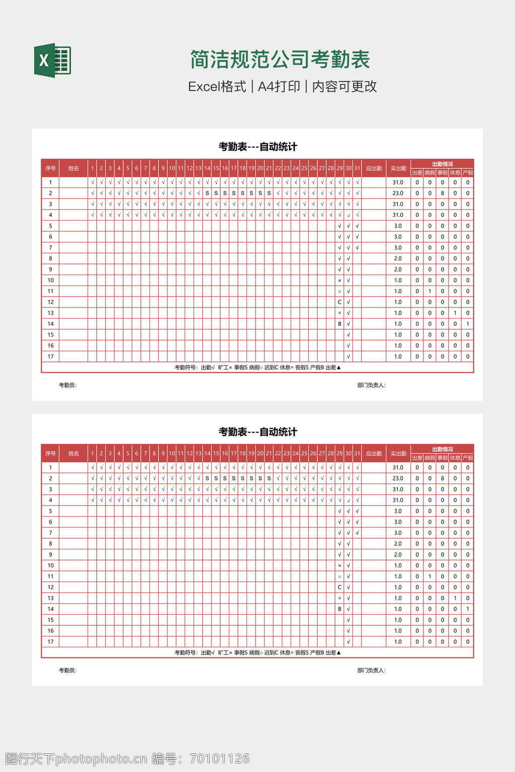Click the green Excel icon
52,60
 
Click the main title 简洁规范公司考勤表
280,60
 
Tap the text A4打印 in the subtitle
279,86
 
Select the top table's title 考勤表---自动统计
257,147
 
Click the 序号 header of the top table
50,168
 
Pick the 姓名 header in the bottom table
73,453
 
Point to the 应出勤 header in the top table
374,168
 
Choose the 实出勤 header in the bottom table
398,453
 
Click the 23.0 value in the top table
398,193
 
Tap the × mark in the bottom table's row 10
339,566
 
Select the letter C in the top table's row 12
339,302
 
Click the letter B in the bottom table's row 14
339,609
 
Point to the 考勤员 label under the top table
67,385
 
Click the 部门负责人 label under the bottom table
371,670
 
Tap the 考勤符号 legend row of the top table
257,367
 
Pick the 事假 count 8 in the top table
443,193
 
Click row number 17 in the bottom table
50,642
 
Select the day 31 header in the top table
357,168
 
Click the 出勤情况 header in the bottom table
442,449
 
